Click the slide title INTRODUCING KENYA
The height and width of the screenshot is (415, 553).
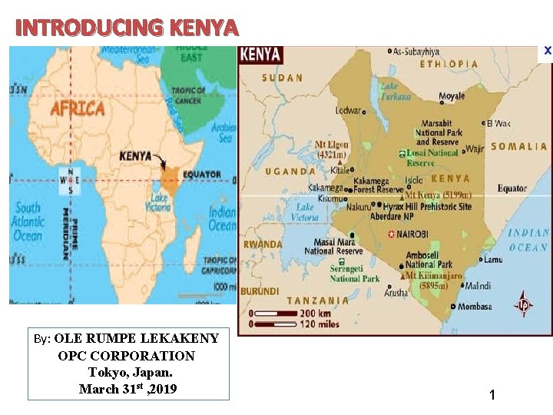(x=127, y=28)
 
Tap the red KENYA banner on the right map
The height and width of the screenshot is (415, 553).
(x=261, y=55)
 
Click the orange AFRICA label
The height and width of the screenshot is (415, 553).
(x=78, y=108)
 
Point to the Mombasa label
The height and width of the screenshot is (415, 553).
(x=471, y=307)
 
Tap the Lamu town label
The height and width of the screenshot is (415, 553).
(x=492, y=260)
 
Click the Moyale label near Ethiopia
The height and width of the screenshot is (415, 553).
(x=451, y=97)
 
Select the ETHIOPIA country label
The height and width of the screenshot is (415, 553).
(x=450, y=64)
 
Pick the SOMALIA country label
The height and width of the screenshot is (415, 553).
(x=518, y=146)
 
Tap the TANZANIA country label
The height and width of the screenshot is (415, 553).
(x=318, y=300)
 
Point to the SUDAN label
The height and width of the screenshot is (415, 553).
(x=282, y=78)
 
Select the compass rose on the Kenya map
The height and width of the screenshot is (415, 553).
(x=525, y=304)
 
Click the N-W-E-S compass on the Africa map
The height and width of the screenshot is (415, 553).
(x=71, y=181)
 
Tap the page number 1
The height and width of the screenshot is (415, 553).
(x=492, y=395)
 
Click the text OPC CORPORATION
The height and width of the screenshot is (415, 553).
(x=126, y=356)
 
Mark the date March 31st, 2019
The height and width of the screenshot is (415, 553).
(x=127, y=389)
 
